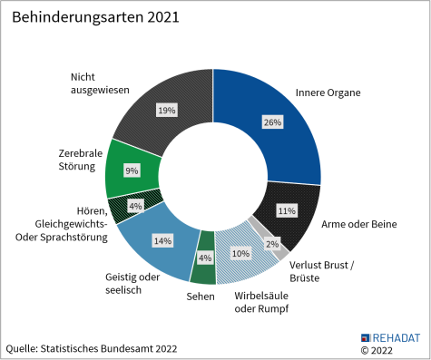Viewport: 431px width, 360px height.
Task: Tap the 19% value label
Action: (166, 110)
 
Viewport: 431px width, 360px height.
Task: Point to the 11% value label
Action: (287, 210)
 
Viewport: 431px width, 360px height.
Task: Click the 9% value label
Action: (132, 170)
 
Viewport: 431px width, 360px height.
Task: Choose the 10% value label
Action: (240, 254)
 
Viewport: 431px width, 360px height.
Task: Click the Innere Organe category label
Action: (328, 92)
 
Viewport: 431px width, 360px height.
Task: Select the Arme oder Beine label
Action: (359, 223)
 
